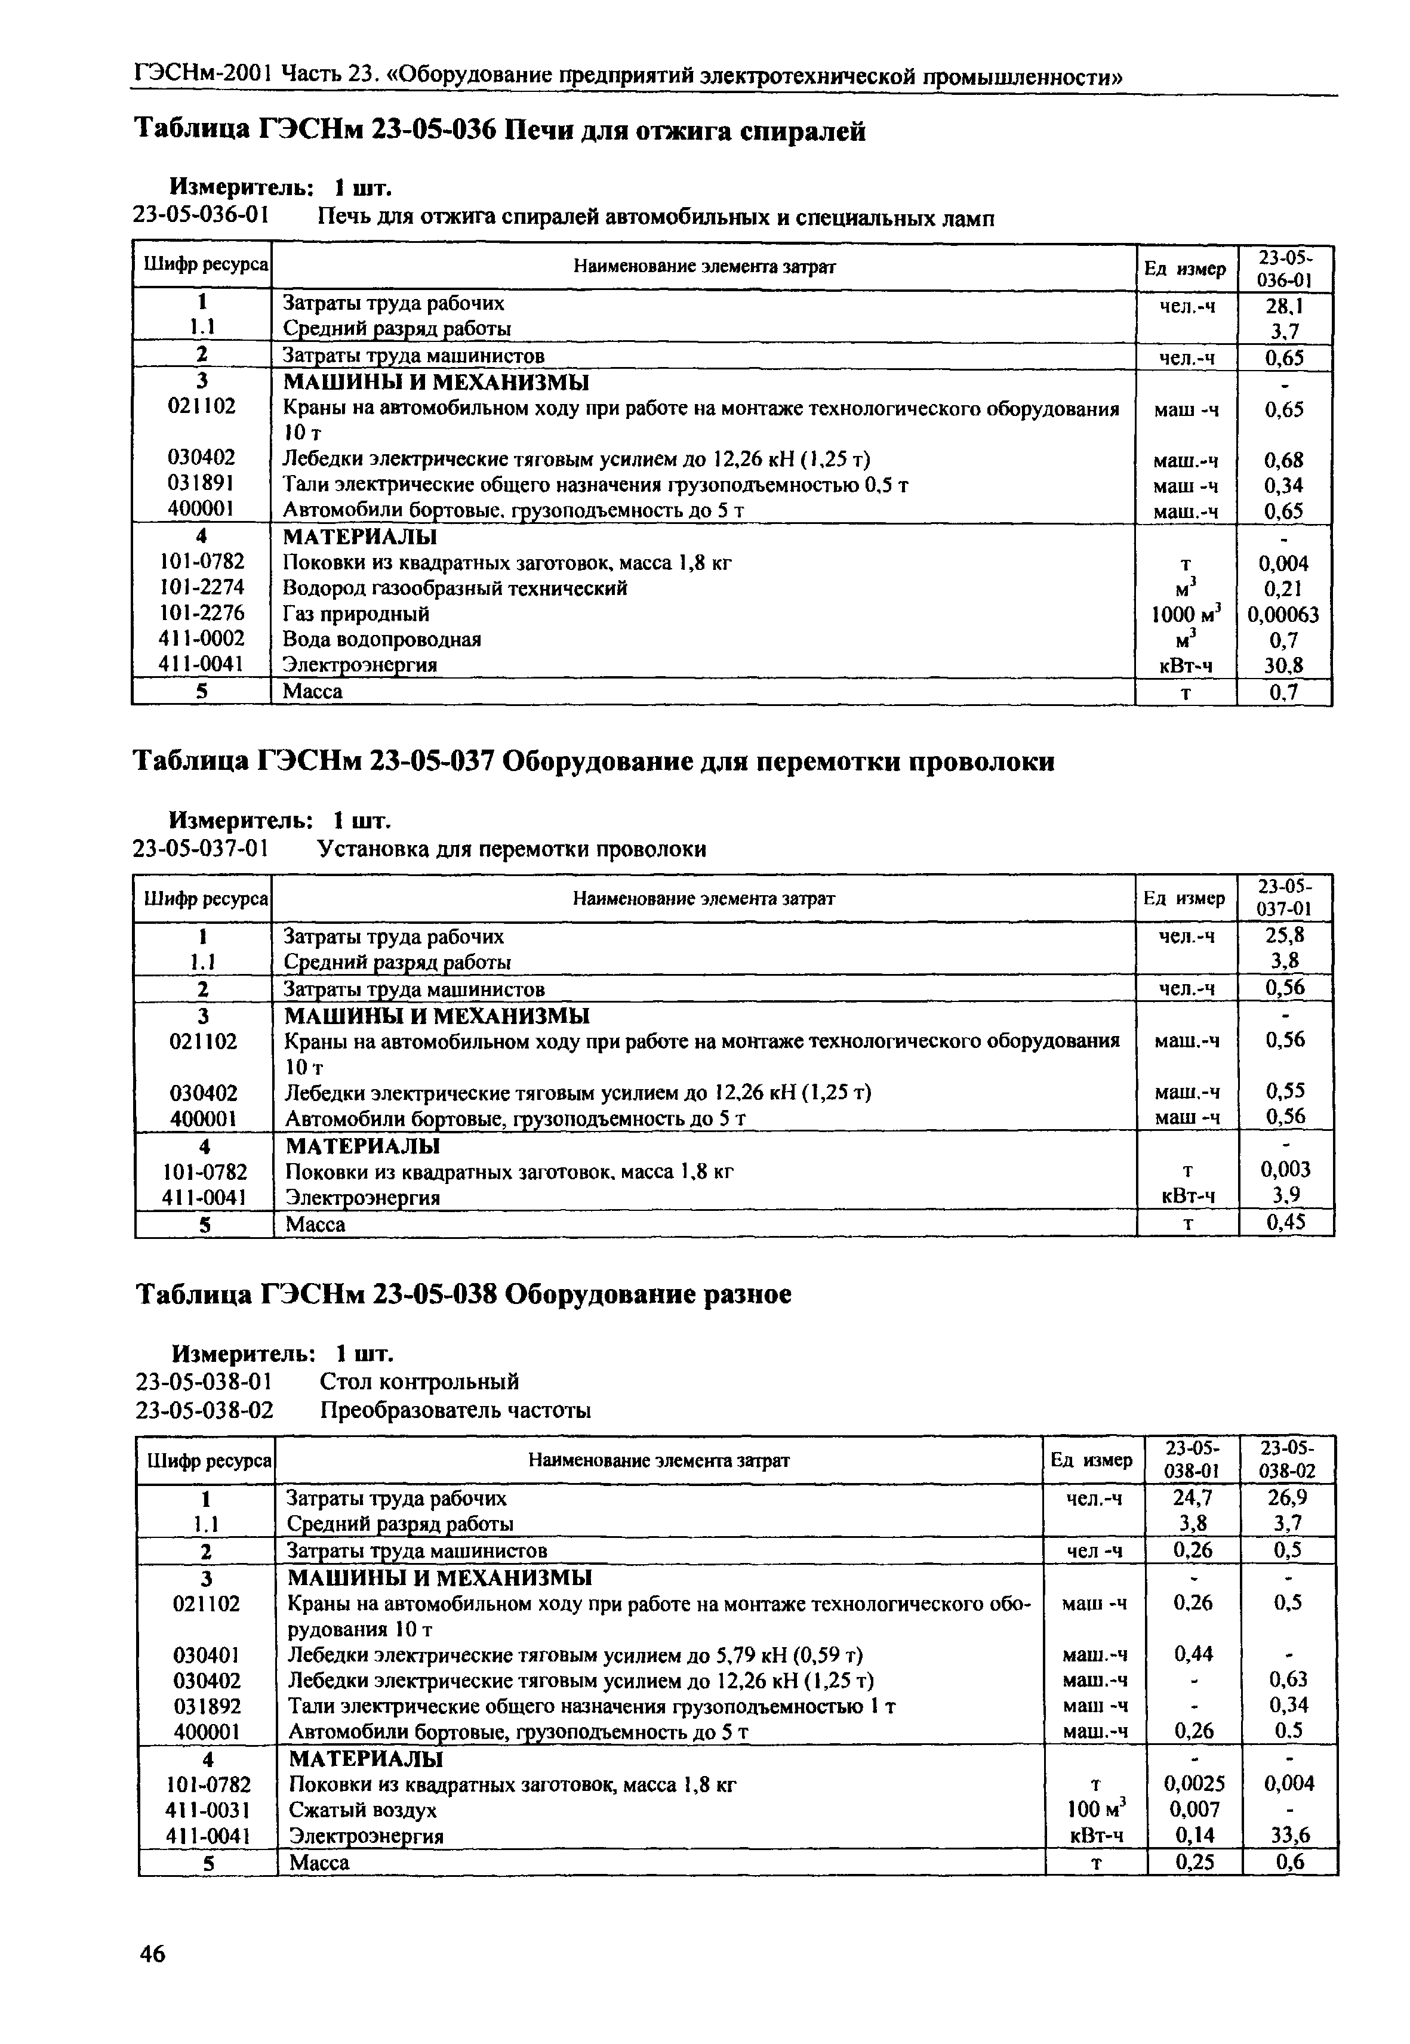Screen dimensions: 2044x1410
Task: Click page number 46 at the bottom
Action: (x=152, y=1953)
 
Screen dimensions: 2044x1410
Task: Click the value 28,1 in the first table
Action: (x=1283, y=306)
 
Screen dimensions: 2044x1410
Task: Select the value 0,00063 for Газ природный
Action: (x=1283, y=615)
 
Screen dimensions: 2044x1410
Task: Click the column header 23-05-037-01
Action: (x=1285, y=898)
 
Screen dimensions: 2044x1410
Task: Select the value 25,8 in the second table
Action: (x=1285, y=935)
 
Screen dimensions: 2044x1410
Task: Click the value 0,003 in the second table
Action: (x=1285, y=1170)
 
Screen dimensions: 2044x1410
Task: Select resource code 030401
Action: (x=207, y=1654)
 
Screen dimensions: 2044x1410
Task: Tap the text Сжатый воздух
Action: (x=363, y=1810)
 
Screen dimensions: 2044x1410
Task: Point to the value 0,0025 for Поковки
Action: (x=1193, y=1784)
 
